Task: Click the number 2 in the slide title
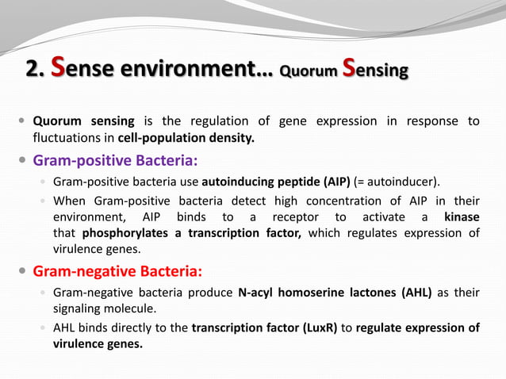pos(33,71)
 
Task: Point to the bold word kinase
pos(462,216)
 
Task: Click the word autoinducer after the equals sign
pos(411,182)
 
